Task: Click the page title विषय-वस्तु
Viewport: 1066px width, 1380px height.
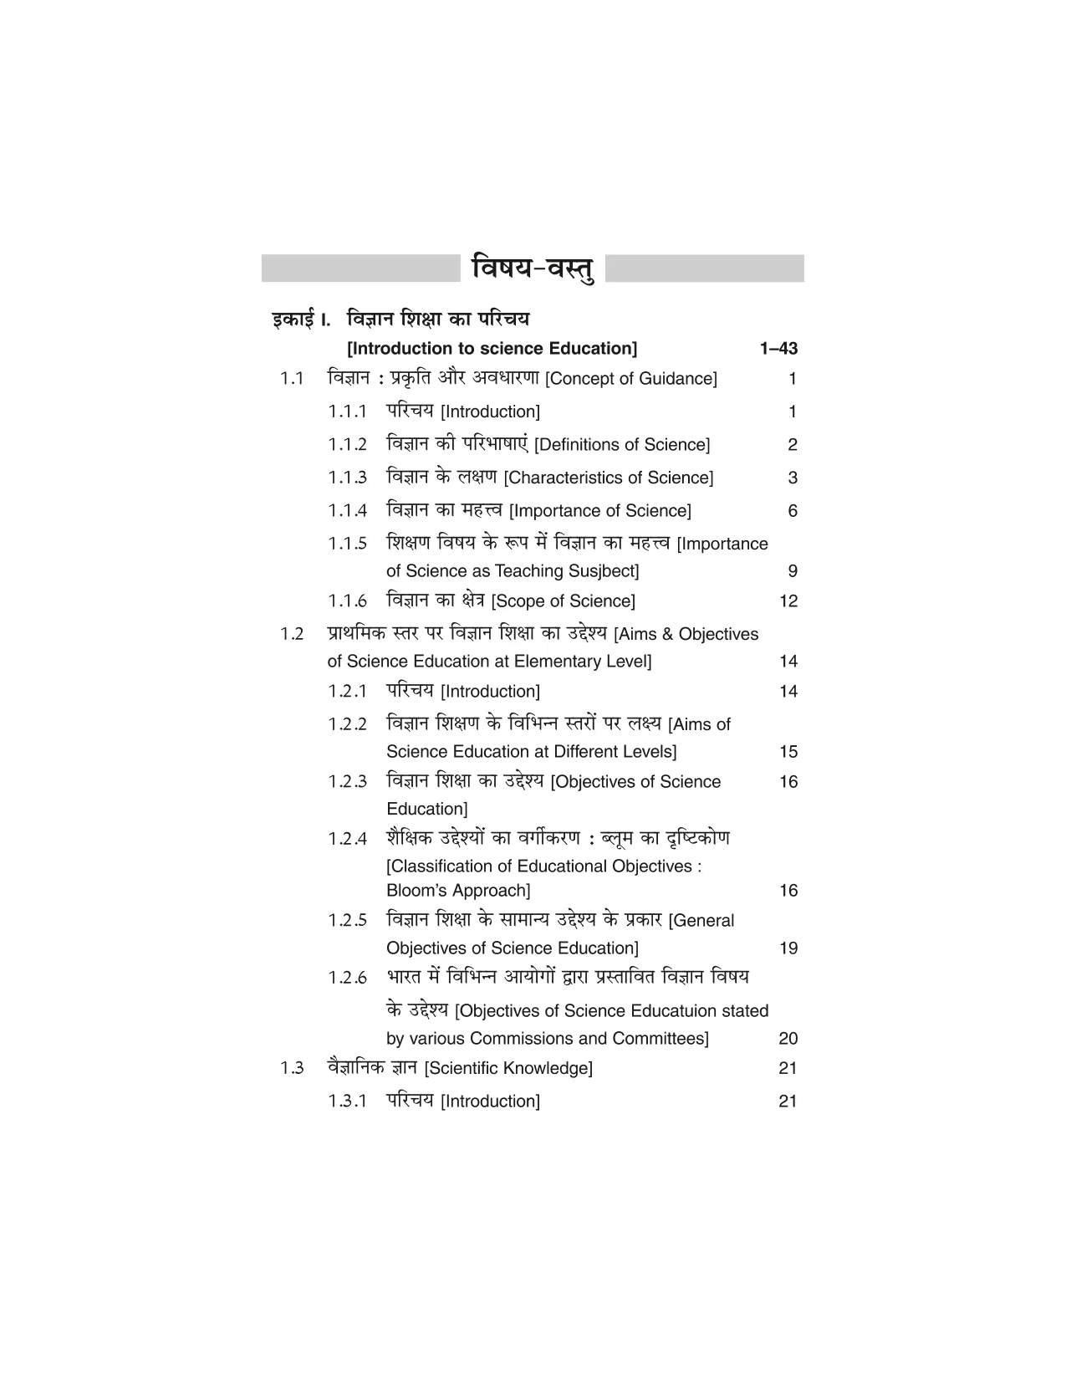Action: [x=533, y=268]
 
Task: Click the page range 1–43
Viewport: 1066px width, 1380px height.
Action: [x=778, y=349]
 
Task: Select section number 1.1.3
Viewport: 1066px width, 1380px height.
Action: [x=347, y=478]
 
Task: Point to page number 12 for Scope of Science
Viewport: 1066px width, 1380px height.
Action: [x=788, y=601]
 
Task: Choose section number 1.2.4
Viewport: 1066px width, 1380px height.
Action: [x=347, y=839]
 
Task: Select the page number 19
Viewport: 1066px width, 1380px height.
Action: [x=788, y=948]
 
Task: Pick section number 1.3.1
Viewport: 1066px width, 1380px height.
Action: [x=347, y=1101]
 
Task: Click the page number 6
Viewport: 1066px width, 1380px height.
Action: [x=793, y=511]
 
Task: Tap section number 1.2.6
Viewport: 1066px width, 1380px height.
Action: [x=347, y=978]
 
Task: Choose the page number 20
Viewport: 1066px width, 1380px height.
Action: [x=788, y=1039]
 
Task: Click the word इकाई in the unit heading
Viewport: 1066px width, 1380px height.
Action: [x=293, y=319]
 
